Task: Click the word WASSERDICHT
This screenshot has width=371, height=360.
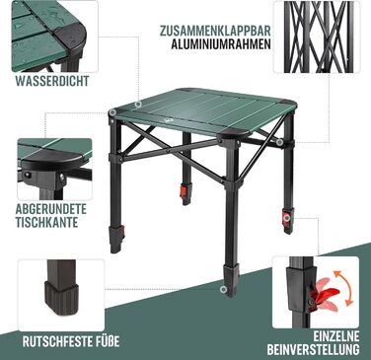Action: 52,81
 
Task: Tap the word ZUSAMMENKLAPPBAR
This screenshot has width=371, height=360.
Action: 215,31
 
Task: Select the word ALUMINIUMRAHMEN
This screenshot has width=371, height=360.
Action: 221,44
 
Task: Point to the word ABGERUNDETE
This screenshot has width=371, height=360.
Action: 51,209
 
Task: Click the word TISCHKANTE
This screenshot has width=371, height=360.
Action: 47,222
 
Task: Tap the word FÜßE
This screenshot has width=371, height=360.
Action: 106,341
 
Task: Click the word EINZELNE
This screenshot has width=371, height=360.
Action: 336,336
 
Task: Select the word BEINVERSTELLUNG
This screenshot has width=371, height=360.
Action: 313,349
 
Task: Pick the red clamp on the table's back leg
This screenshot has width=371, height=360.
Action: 185,191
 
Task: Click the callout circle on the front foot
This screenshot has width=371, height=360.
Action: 224,289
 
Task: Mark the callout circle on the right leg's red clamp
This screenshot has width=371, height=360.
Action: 287,218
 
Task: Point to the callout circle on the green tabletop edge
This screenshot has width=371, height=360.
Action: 138,105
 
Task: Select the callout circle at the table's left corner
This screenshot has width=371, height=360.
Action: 112,112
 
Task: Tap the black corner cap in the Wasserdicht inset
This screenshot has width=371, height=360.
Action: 70,36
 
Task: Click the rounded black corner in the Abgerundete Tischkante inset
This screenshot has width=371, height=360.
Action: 52,160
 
